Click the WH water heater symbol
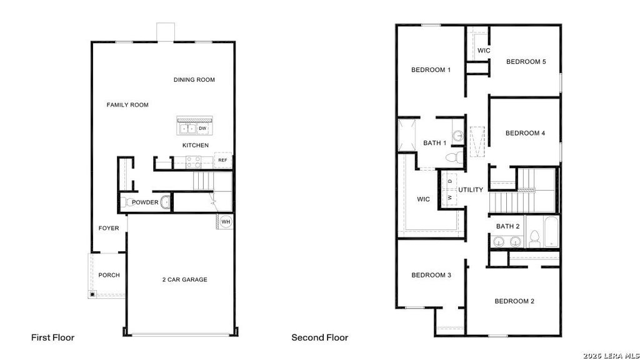226,222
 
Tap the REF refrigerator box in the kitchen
223,160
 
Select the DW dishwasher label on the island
202,129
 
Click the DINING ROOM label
194,79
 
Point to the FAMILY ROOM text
127,105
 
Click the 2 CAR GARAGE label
184,279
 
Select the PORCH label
109,275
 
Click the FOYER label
109,228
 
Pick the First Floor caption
52,337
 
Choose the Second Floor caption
319,337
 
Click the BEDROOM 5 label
526,62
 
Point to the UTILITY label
471,190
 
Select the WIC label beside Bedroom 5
484,51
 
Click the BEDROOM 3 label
431,275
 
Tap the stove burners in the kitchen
194,162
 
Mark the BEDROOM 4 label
525,133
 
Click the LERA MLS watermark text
611,356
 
